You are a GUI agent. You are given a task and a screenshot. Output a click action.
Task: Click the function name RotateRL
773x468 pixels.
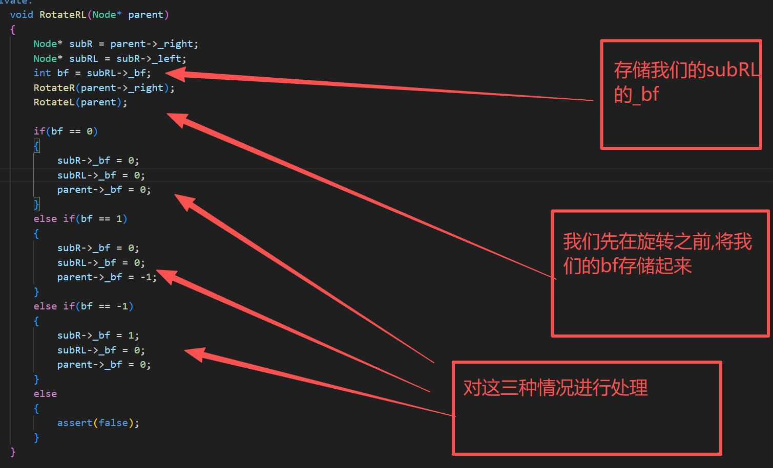click(x=62, y=15)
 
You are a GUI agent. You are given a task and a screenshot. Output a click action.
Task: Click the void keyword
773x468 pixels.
click(x=22, y=15)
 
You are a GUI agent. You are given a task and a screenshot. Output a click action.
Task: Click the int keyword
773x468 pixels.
click(x=42, y=73)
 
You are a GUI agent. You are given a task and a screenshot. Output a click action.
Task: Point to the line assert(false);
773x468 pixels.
click(x=98, y=423)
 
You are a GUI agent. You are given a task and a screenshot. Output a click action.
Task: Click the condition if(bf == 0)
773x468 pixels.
click(x=66, y=131)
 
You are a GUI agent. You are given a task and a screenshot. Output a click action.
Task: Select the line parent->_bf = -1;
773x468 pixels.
click(x=107, y=277)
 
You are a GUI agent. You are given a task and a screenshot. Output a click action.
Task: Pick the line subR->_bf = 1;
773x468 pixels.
click(x=98, y=336)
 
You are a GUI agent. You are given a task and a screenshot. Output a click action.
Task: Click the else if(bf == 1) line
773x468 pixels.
click(x=80, y=219)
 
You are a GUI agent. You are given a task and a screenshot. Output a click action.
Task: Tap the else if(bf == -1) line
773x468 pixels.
click(x=83, y=306)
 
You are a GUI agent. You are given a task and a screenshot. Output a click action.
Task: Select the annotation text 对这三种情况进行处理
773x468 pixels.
click(x=555, y=388)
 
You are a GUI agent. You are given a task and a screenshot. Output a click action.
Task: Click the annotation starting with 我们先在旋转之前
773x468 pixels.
click(x=657, y=253)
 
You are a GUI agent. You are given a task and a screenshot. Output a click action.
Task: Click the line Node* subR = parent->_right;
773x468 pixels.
click(x=116, y=44)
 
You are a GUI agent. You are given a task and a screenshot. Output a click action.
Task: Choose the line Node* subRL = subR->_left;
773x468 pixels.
click(x=110, y=59)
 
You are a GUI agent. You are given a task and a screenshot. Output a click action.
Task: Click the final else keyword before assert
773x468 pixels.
click(x=45, y=394)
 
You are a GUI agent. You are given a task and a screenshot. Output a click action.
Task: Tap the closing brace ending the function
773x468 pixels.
click(x=13, y=452)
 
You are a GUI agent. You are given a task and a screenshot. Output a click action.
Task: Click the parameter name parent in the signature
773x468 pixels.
click(x=145, y=15)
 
